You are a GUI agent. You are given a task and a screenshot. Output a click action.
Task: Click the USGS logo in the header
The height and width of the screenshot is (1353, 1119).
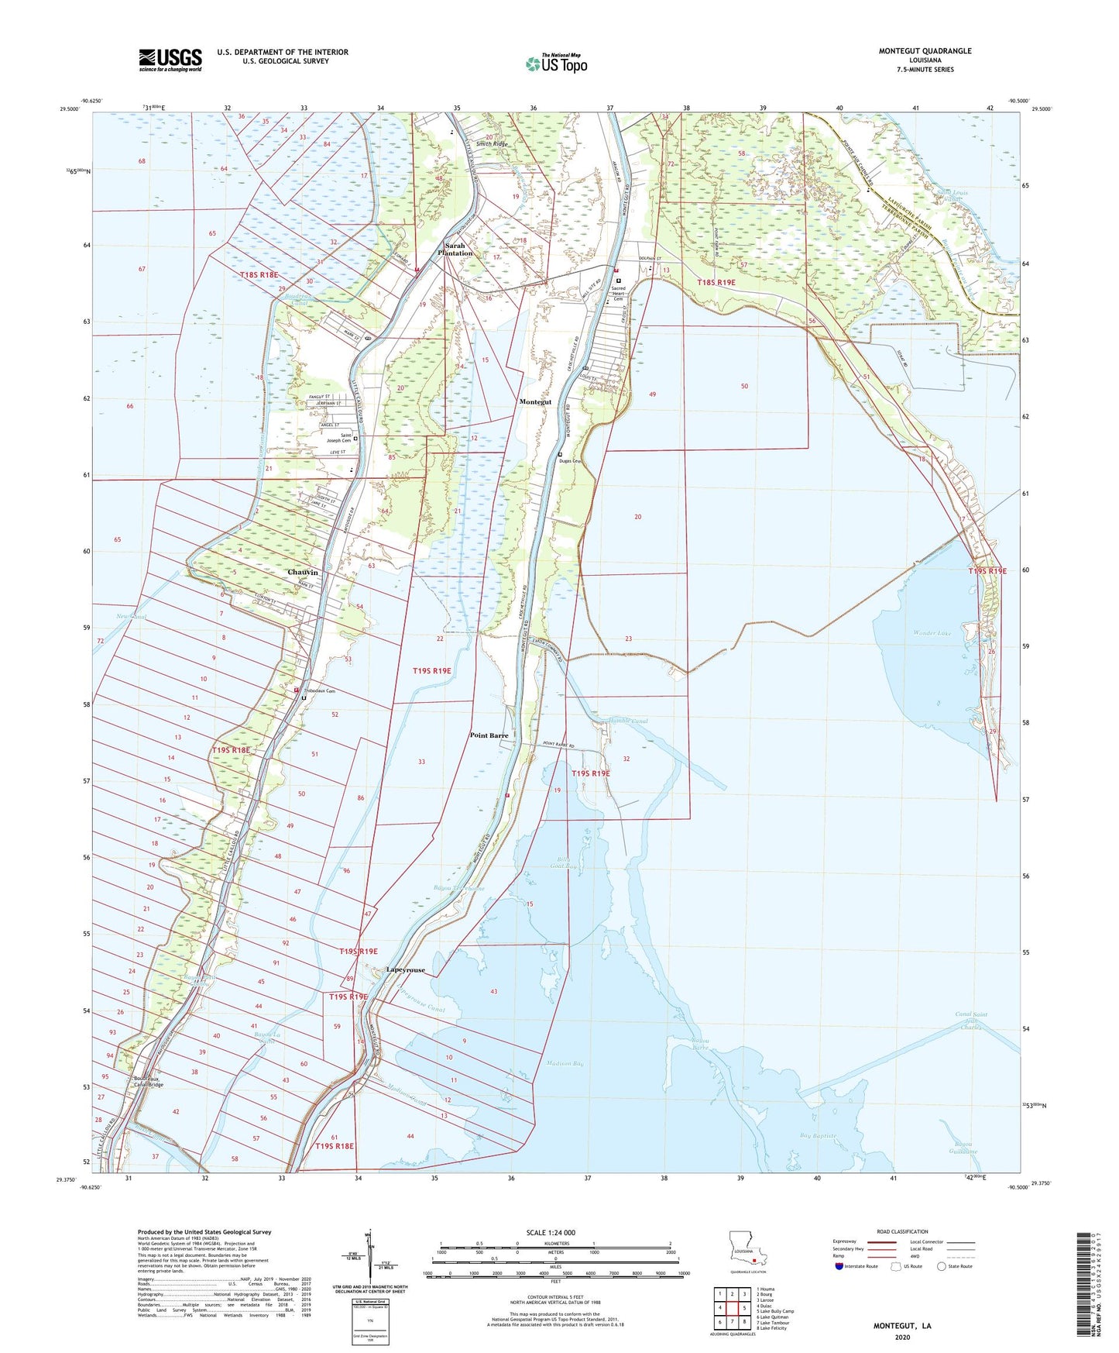coord(170,59)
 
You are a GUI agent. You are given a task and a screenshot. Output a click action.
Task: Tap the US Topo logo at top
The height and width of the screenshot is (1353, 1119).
coord(555,64)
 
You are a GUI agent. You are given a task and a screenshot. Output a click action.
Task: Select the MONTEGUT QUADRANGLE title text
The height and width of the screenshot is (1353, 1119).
coord(925,51)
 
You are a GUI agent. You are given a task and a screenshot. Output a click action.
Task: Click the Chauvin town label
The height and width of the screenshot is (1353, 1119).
coord(303,572)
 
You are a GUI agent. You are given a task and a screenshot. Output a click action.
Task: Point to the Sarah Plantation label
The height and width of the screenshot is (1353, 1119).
coord(455,249)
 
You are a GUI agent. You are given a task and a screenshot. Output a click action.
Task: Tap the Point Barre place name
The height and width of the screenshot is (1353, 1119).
coord(489,735)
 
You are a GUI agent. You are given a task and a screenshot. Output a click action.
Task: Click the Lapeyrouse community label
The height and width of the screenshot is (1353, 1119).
coord(406,969)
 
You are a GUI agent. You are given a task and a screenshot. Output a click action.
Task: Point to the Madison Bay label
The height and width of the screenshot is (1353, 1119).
coord(565,1064)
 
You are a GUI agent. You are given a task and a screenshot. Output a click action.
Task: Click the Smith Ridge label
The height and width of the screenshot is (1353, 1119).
coord(492,144)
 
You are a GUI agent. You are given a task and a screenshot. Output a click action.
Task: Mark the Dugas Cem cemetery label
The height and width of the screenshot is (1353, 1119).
coord(572,462)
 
